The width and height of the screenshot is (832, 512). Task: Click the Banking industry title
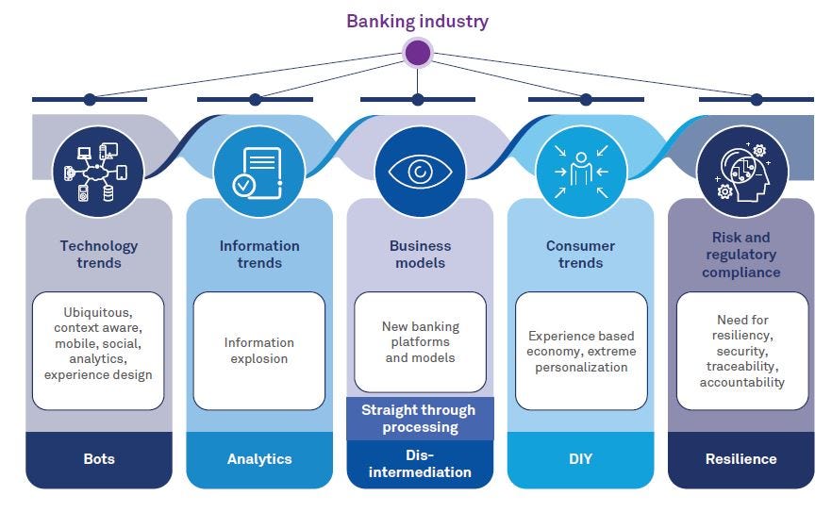[x=417, y=21]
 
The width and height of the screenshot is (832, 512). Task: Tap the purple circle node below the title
[x=418, y=52]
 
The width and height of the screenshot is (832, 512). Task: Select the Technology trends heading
[x=99, y=255]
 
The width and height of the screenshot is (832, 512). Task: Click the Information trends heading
[x=259, y=255]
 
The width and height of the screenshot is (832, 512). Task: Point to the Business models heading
[x=420, y=255]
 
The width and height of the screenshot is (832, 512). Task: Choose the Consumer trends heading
[x=580, y=255]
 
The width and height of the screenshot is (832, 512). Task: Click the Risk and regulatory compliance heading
[x=741, y=255]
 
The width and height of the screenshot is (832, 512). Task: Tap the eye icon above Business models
[x=420, y=172]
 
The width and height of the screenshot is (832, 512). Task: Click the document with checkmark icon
[x=258, y=172]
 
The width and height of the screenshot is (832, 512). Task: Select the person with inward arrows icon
[x=581, y=172]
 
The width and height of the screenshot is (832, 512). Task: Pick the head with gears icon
[x=741, y=172]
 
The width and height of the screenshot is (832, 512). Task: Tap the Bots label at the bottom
[x=99, y=459]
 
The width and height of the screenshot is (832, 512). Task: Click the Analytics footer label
[x=259, y=459]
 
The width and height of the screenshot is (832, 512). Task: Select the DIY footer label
[x=580, y=459]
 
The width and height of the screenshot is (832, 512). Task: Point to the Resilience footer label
[x=741, y=459]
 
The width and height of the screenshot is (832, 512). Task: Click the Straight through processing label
[x=420, y=419]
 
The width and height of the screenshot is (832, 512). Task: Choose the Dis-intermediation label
[x=420, y=464]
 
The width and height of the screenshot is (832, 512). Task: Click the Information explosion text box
[x=259, y=351]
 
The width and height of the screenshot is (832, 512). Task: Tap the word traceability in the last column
[x=741, y=367]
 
